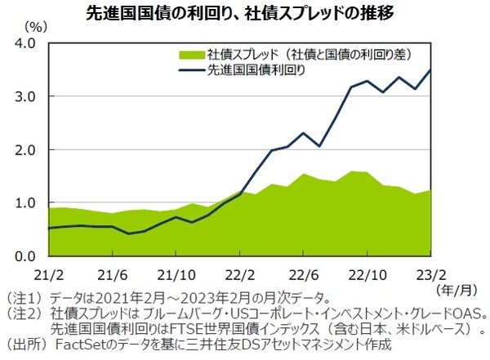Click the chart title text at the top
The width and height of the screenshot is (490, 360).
(x=244, y=13)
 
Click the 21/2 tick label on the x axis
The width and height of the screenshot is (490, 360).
(x=49, y=273)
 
